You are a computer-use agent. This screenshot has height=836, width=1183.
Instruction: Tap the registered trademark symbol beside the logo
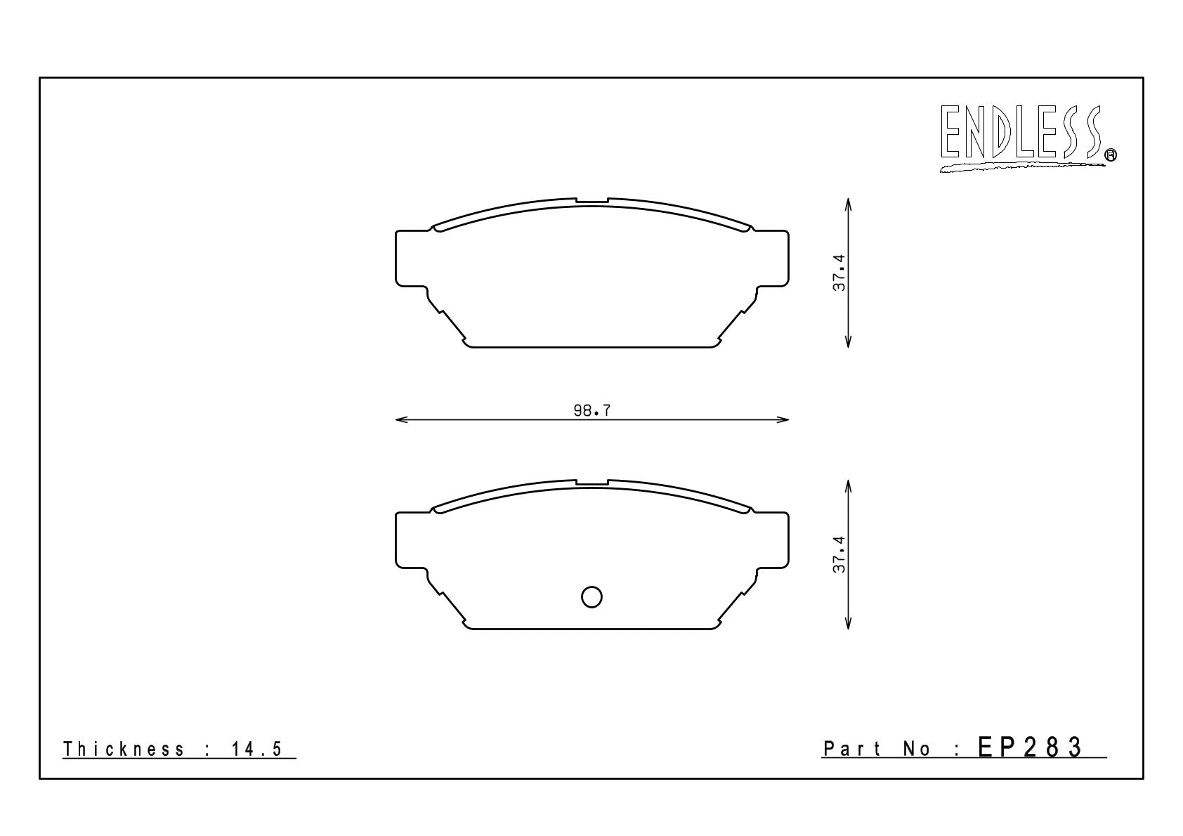[x=1111, y=155]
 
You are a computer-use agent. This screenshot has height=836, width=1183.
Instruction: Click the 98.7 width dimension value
[x=592, y=410]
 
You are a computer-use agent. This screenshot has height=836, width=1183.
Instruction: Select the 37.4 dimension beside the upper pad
[x=839, y=273]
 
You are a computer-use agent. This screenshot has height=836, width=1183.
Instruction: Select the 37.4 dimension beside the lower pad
[x=839, y=554]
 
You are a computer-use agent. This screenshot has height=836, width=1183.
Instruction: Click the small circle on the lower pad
[x=591, y=596]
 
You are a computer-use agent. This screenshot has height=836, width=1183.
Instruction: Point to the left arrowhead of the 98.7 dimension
[x=401, y=420]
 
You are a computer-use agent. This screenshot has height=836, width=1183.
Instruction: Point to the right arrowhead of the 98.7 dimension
[x=783, y=420]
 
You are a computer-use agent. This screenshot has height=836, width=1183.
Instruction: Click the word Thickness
[x=124, y=749]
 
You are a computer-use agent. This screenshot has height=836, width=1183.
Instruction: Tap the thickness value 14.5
[x=256, y=749]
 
